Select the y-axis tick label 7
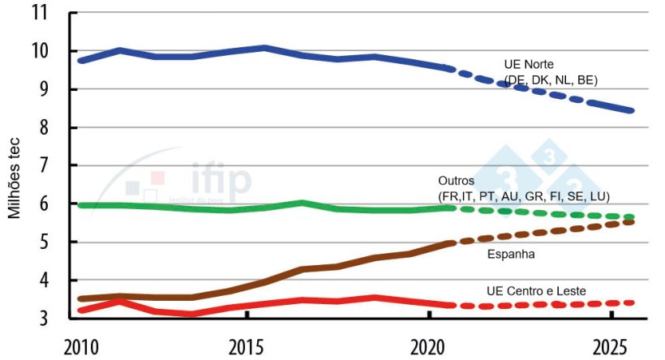tap(45, 166)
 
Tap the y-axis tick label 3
tap(45, 319)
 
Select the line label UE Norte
tap(528, 65)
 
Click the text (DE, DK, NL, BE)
tap(551, 79)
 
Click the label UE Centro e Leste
tap(535, 290)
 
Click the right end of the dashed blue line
tap(631, 110)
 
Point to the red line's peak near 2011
tap(121, 301)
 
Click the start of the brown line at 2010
tap(81, 298)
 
